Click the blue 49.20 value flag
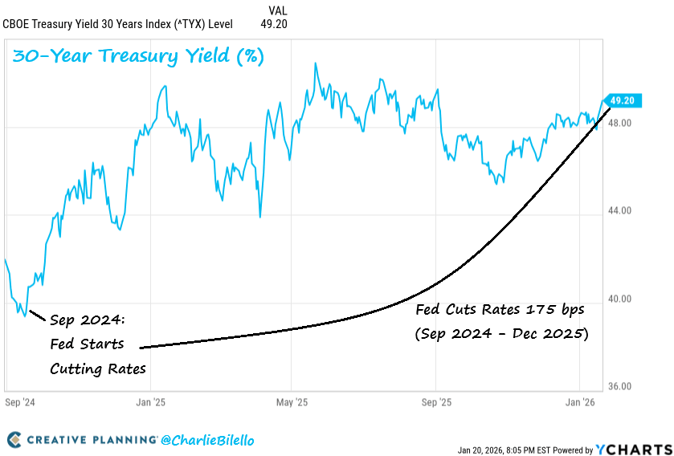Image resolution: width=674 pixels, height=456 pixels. point(623,100)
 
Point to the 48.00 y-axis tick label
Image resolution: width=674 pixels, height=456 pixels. point(620,123)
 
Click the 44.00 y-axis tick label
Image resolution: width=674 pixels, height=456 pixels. point(620,210)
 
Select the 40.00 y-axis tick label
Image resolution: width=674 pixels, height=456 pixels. point(620,299)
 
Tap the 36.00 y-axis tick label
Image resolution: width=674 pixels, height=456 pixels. point(620,386)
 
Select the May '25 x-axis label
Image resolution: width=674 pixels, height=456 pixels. point(292,400)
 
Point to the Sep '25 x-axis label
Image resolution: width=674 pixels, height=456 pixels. point(435,400)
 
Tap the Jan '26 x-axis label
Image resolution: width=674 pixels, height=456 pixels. point(579,400)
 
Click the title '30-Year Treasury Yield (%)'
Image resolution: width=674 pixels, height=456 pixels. point(137,57)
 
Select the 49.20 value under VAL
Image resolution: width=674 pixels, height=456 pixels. point(273,24)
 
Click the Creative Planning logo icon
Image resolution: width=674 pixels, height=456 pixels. point(14,440)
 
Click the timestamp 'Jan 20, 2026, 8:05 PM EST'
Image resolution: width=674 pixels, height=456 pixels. point(504,450)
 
